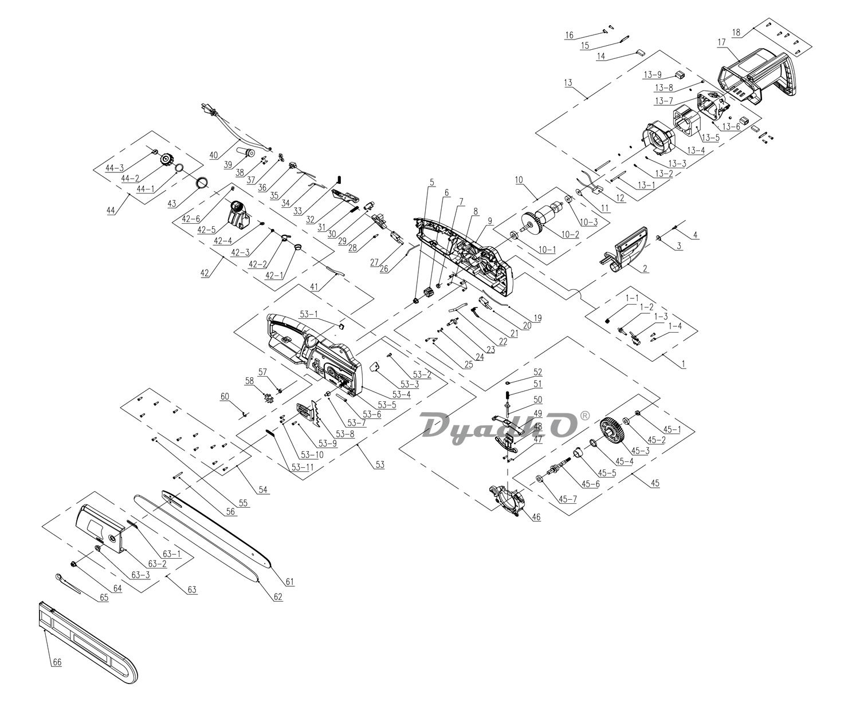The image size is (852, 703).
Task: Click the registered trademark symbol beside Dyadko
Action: tap(584, 415)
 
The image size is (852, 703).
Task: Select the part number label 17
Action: tap(721, 42)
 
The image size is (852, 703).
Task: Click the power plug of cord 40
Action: tap(207, 109)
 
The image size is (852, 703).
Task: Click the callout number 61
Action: tap(289, 582)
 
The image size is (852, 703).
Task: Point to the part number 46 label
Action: tap(536, 517)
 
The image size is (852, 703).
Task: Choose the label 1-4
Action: tap(676, 326)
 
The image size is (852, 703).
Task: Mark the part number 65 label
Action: tap(103, 598)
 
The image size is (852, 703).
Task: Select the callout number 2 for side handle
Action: tap(645, 268)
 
